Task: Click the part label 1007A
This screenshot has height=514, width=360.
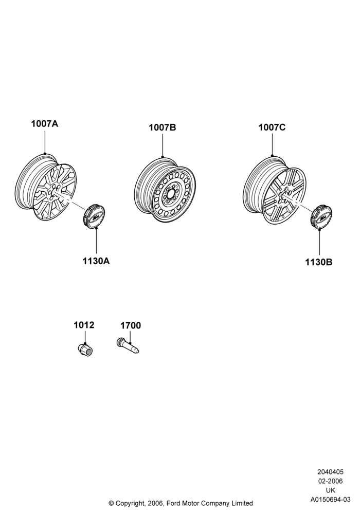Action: point(45,124)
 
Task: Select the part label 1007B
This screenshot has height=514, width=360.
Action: point(163,127)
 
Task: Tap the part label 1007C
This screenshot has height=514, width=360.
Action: point(272,127)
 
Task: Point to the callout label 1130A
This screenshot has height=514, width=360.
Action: point(96,261)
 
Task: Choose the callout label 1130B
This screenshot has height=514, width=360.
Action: point(319,262)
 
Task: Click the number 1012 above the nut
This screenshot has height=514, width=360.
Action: point(84,325)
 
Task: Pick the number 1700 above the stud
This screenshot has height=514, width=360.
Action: point(131,325)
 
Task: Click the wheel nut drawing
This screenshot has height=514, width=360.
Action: point(85,350)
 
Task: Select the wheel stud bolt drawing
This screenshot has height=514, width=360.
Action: point(128,346)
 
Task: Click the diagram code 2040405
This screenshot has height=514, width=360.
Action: point(330,472)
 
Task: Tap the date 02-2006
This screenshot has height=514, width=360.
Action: point(330,481)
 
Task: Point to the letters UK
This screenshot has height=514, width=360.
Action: point(331,490)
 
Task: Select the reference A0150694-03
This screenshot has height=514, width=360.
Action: point(331,500)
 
